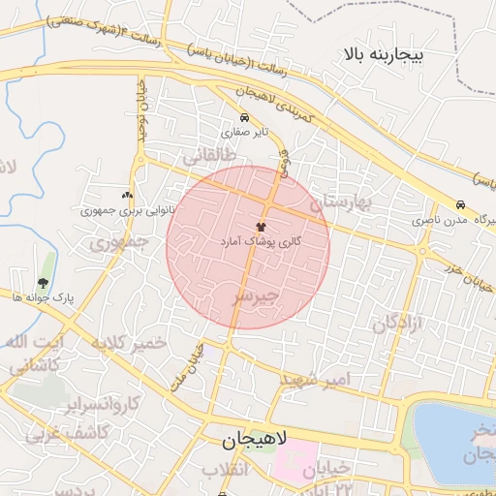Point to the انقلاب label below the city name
click(225, 470)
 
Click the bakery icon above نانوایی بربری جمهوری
click(127, 195)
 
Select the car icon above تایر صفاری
click(242, 118)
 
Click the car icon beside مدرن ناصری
click(460, 205)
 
